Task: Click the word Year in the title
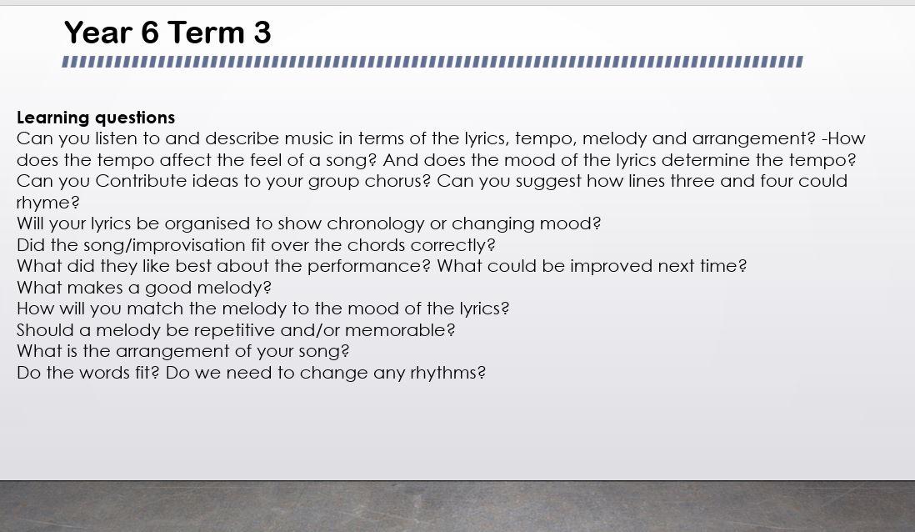(x=98, y=33)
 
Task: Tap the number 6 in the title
(x=149, y=33)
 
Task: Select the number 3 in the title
(x=262, y=33)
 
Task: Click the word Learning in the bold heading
(x=52, y=118)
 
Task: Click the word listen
(x=117, y=138)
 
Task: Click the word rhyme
(x=47, y=203)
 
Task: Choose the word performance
(x=369, y=266)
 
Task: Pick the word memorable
(x=400, y=330)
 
